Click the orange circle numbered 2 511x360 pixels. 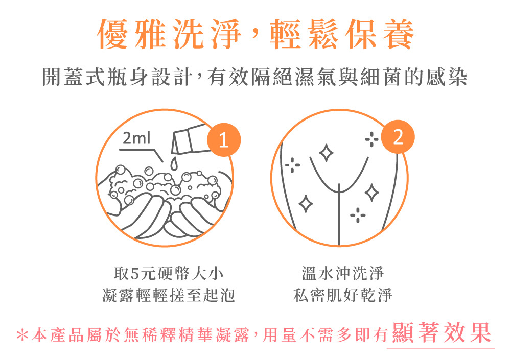tap(399, 137)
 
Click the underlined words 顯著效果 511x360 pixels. tap(440, 333)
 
